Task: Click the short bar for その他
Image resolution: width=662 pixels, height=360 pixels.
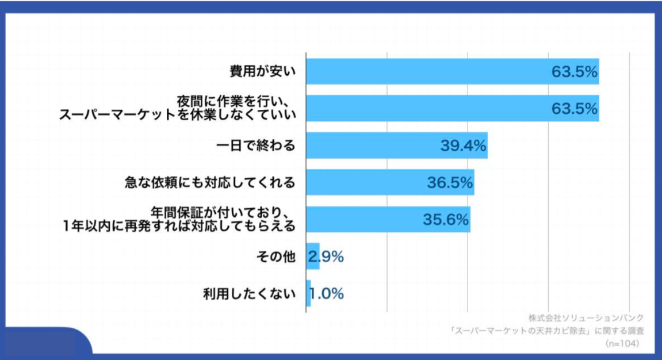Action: [312, 256]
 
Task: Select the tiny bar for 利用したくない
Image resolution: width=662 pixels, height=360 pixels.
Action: [308, 293]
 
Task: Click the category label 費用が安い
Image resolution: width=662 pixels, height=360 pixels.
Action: [262, 72]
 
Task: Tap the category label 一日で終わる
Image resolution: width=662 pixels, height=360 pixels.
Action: [255, 145]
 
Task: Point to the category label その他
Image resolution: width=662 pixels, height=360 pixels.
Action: [275, 257]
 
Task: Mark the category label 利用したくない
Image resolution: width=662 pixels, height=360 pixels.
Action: [248, 294]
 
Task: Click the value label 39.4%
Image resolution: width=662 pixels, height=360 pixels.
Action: [464, 145]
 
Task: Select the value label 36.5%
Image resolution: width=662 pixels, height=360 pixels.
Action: [450, 183]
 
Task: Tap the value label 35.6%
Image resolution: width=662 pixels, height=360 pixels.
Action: [446, 220]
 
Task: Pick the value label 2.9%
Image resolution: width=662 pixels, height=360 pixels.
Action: [326, 257]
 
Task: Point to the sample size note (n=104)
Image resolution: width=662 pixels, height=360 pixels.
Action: [622, 343]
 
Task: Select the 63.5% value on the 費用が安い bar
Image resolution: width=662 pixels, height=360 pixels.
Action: [575, 72]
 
